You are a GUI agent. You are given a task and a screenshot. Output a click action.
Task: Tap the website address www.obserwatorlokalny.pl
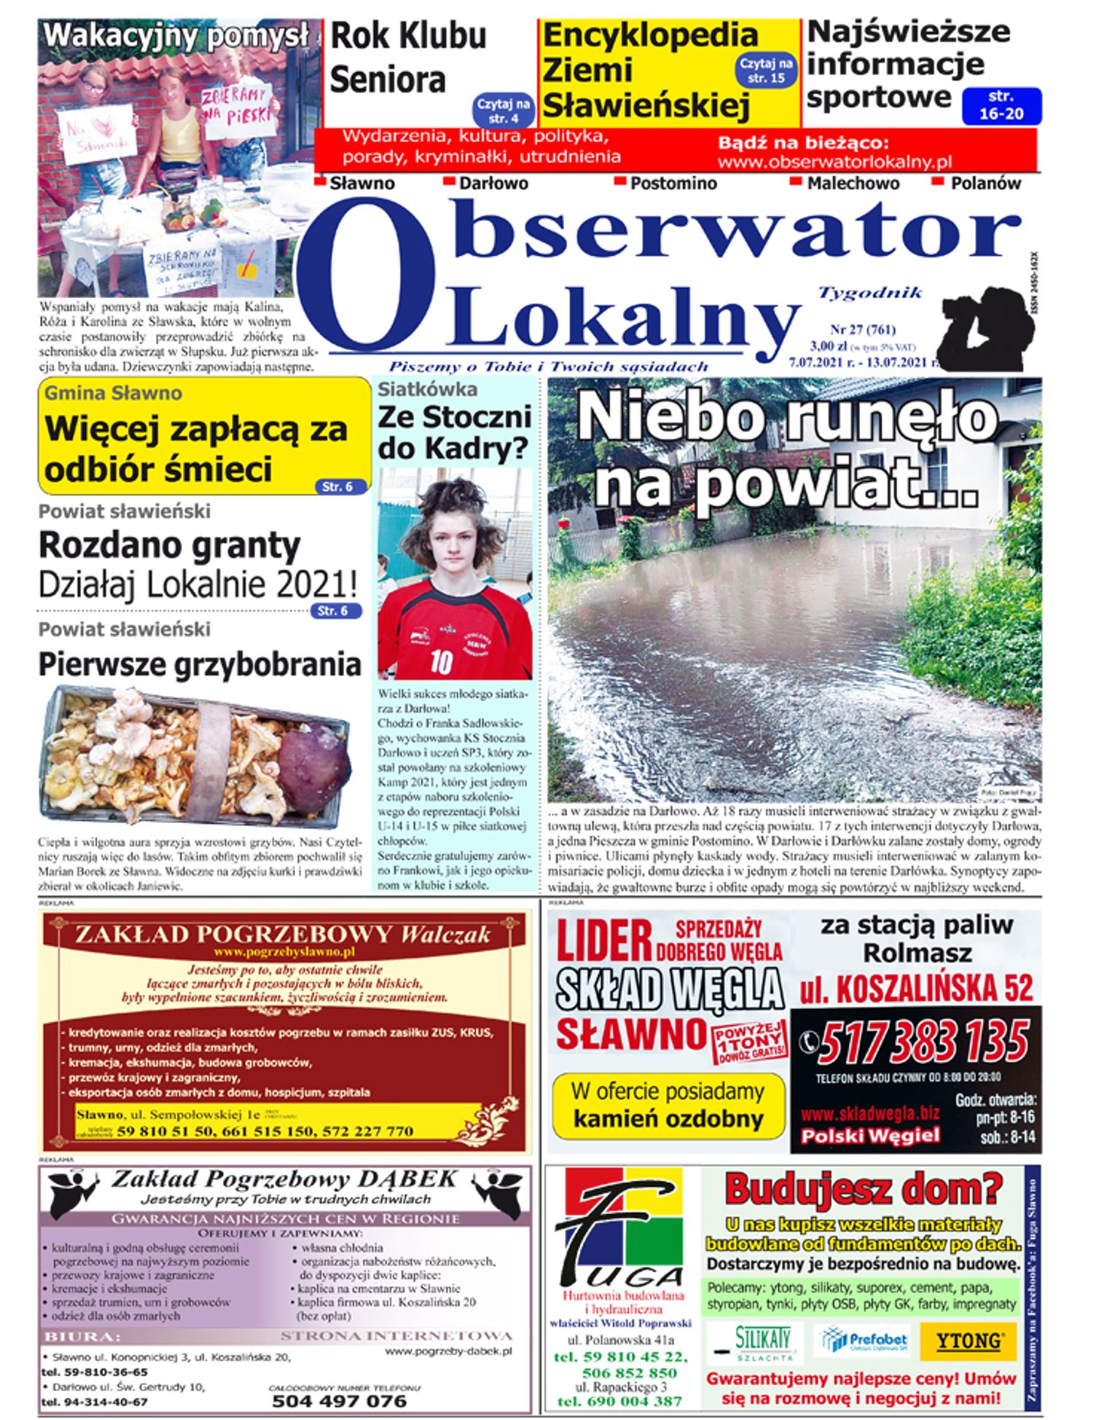tap(834, 162)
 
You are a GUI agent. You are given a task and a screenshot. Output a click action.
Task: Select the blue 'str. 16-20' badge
tap(1001, 106)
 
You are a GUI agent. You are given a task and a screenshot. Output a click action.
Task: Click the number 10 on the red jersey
tap(441, 660)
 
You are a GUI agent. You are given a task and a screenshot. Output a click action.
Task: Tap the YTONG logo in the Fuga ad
tap(968, 1341)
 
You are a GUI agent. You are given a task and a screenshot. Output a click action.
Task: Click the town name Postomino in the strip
tap(673, 184)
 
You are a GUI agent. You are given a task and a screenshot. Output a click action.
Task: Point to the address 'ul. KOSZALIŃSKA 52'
tap(916, 988)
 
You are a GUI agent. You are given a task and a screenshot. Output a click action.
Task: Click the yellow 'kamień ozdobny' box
tap(668, 1106)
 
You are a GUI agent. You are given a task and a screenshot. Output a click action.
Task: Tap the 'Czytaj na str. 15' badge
tap(766, 71)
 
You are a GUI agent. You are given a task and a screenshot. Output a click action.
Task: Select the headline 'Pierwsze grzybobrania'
tap(200, 664)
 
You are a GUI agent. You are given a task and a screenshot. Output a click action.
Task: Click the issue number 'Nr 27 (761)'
tap(863, 329)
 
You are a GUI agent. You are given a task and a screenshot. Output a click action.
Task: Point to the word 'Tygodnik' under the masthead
tap(870, 293)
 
